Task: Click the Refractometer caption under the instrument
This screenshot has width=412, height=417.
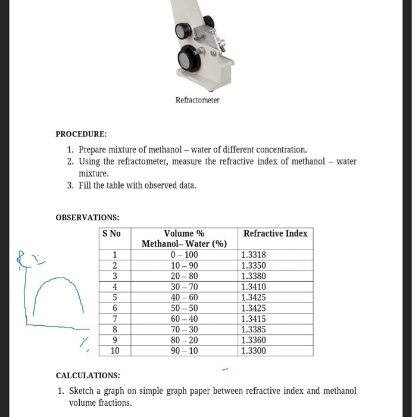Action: click(197, 100)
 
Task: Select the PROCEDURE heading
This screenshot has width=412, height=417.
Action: click(81, 134)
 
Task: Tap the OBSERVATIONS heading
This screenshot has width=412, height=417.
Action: click(88, 217)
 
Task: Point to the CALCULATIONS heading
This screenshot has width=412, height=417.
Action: click(88, 375)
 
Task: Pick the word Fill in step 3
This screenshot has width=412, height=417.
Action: click(86, 185)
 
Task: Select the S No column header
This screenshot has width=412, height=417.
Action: click(111, 234)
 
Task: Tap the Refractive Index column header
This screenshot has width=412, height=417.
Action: click(275, 234)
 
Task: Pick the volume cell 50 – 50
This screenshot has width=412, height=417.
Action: click(184, 308)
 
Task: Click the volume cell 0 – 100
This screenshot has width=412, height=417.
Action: click(184, 255)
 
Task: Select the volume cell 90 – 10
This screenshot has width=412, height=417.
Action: click(184, 351)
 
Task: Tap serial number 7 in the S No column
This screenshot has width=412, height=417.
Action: click(114, 319)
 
